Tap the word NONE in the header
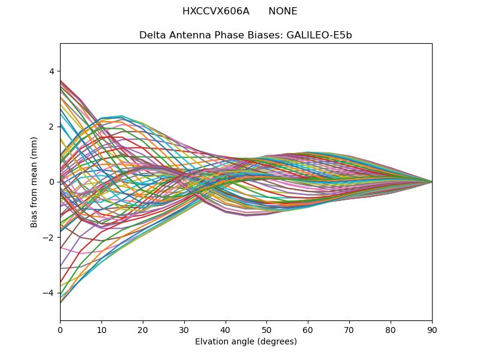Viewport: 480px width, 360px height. tap(283, 11)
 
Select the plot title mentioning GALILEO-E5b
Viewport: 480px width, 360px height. tap(245, 35)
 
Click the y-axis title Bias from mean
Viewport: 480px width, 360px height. tap(34, 182)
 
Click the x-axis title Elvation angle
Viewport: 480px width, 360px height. tap(245, 342)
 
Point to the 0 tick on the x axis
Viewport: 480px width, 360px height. tap(60, 329)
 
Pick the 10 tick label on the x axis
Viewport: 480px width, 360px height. tap(101, 329)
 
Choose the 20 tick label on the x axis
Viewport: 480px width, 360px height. tap(143, 329)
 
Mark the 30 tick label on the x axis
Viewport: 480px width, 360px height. tap(184, 329)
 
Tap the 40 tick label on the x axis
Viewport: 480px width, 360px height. tap(226, 329)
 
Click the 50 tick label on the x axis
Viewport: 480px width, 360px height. tap(266, 329)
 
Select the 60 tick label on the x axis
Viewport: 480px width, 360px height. tap(308, 329)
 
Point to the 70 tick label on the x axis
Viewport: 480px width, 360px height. tap(349, 329)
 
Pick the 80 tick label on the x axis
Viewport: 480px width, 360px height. tap(391, 329)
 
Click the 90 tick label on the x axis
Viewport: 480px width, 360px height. tap(432, 329)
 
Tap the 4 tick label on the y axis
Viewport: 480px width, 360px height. tap(52, 71)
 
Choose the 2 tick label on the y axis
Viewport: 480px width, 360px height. tap(52, 127)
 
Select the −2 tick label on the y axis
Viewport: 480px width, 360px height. tap(50, 238)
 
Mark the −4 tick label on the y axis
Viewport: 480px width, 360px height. tap(50, 293)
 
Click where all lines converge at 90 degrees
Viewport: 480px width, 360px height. tap(431, 182)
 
